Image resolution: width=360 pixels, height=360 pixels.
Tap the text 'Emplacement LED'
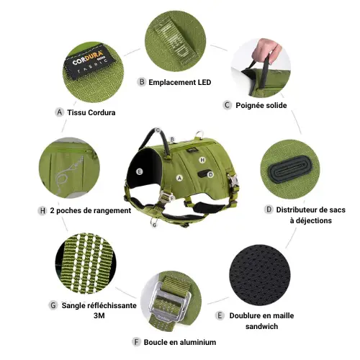[x=180, y=82]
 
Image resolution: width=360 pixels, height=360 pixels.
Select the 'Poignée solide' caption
[x=261, y=105]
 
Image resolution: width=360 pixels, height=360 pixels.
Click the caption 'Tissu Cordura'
[x=91, y=112]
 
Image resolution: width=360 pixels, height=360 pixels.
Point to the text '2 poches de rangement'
[x=91, y=210]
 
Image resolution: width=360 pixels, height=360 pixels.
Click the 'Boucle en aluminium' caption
[x=180, y=342]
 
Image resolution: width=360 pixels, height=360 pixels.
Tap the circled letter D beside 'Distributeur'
[x=269, y=210]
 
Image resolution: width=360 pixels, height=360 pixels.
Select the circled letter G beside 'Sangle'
[x=53, y=305]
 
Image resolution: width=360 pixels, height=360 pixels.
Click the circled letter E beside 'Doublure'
[x=220, y=315]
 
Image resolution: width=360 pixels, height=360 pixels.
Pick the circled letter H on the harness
[x=202, y=160]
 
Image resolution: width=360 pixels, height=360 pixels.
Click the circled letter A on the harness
[x=179, y=178]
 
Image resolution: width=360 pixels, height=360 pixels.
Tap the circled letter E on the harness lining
[x=139, y=171]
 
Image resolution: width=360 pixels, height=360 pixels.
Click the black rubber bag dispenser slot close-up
[x=290, y=169]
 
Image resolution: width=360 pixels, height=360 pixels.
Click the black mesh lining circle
[x=260, y=275]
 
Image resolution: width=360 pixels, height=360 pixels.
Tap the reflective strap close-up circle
[x=86, y=263]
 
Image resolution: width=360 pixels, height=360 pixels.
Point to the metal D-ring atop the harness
[x=199, y=134]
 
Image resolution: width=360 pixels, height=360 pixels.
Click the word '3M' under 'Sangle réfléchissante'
[x=99, y=315]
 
